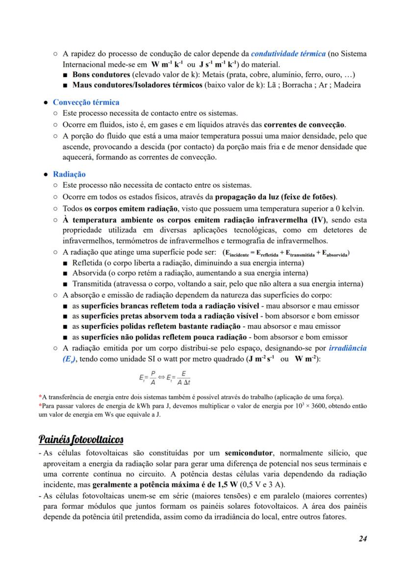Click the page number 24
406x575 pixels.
point(362,539)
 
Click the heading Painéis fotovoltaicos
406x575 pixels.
point(81,438)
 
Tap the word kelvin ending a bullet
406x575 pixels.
point(349,208)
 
